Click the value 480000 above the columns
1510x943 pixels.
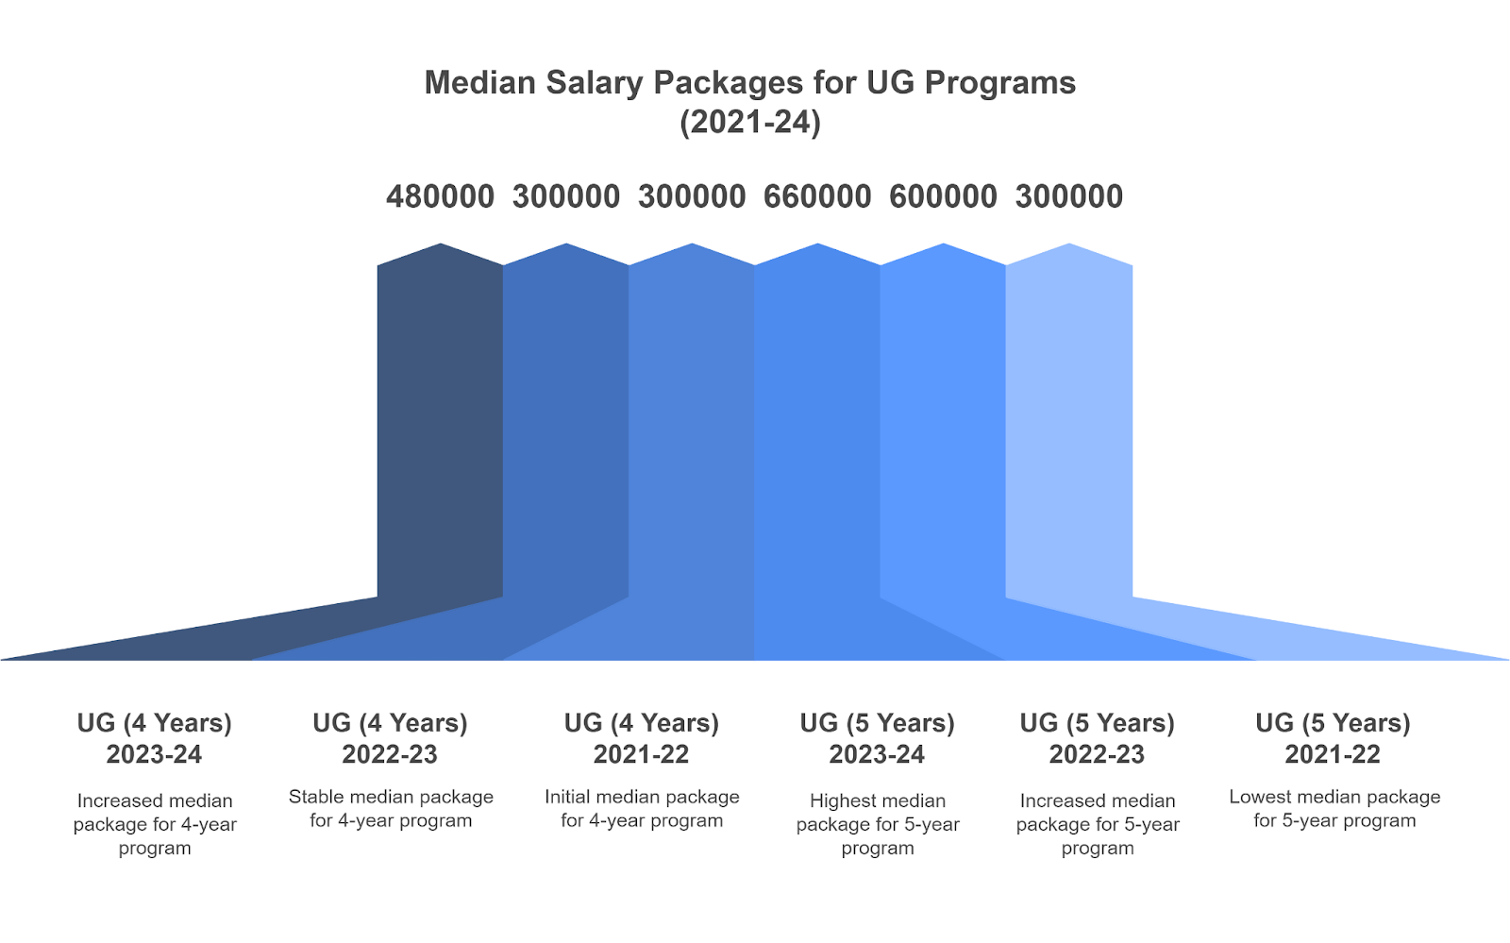pos(440,196)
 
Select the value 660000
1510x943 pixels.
pos(817,196)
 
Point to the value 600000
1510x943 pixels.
pos(943,196)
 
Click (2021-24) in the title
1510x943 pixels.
pos(750,123)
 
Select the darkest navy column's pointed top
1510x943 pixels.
pos(441,255)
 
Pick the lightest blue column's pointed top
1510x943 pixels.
pos(1069,255)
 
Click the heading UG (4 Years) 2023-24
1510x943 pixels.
pos(155,738)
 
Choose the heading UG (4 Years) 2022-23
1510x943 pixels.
pos(390,738)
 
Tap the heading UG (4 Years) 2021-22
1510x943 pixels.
pos(642,738)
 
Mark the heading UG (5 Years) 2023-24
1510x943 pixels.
pos(878,738)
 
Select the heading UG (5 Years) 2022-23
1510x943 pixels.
pos(1097,738)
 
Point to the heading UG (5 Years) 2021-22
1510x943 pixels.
pos(1333,738)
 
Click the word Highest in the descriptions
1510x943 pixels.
pos(844,801)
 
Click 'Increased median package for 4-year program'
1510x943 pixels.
pos(155,824)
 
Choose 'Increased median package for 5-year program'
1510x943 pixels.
pos(1098,824)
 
